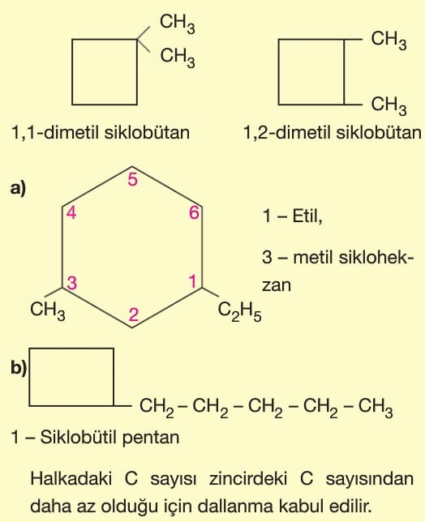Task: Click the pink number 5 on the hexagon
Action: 132,180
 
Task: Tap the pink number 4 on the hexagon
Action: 71,212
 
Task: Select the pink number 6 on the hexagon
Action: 194,212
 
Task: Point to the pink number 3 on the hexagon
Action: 72,283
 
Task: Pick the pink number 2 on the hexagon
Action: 134,314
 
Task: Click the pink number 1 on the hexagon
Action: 193,281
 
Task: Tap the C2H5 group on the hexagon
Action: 239,312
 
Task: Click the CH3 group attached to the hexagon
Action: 48,310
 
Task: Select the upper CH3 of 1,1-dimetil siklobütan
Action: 177,24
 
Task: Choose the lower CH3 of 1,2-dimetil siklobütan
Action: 389,105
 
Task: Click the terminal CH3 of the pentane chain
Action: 376,408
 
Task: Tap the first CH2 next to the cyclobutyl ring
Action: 157,408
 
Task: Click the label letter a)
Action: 18,188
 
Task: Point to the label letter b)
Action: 19,369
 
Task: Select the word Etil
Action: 307,216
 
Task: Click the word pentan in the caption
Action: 151,438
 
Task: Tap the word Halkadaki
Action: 71,478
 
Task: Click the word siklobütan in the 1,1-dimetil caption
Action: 148,132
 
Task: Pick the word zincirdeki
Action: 248,478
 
